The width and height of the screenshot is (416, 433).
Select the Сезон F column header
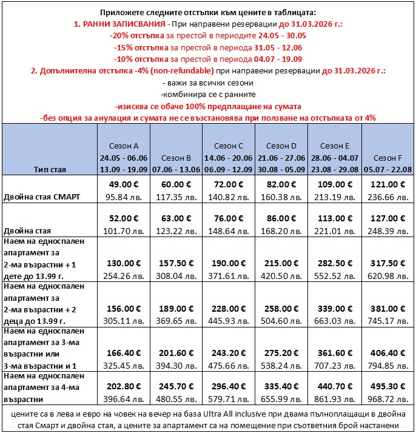click(x=387, y=158)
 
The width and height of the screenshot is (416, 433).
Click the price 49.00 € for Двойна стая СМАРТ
click(x=123, y=185)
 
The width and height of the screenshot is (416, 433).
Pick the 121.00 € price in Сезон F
click(x=388, y=185)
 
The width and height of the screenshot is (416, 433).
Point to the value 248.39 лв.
click(x=388, y=231)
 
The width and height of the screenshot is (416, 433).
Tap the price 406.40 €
click(x=388, y=353)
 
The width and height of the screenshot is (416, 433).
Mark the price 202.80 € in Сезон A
click(x=123, y=387)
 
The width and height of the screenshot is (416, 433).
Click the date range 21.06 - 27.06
click(x=281, y=158)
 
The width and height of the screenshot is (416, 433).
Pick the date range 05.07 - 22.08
click(x=387, y=169)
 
